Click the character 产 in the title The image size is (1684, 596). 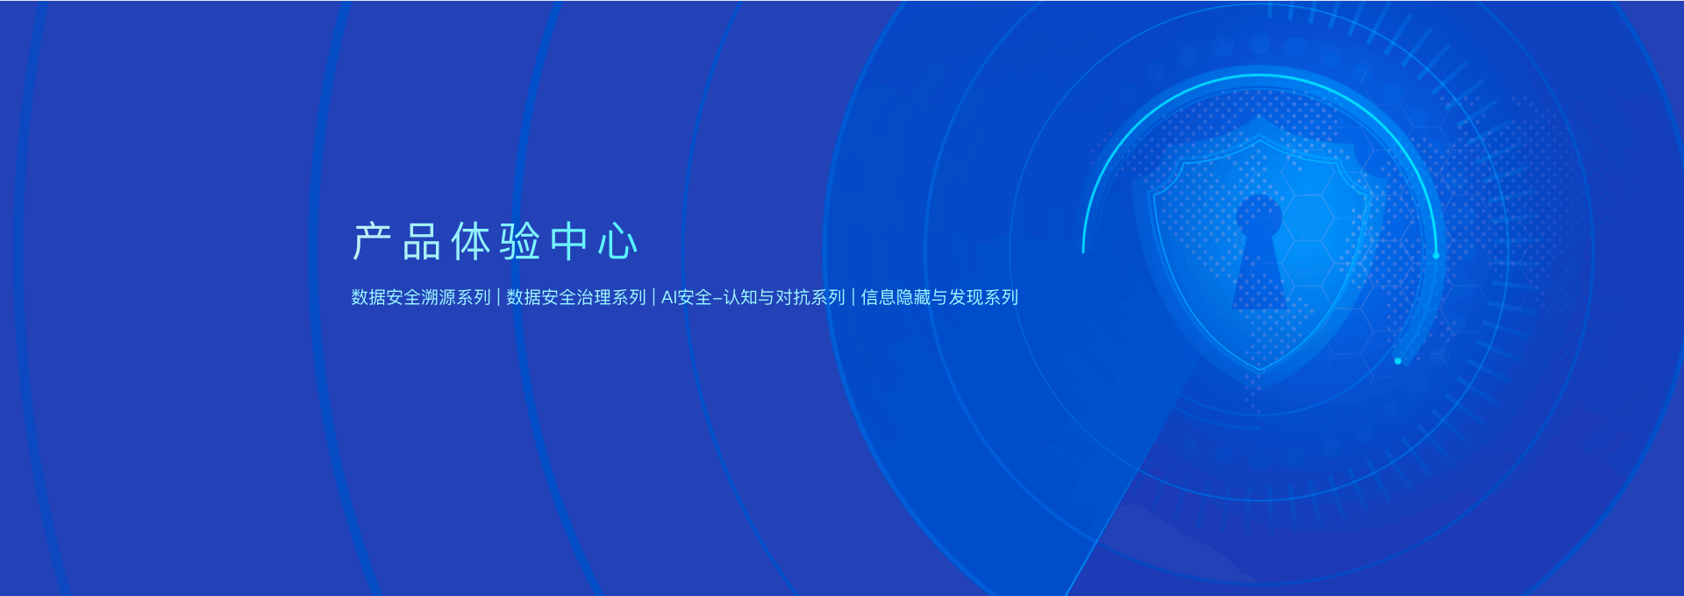(x=372, y=241)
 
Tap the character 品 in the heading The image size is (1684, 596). (x=421, y=241)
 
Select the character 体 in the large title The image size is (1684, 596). (x=470, y=241)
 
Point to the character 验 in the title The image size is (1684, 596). (x=519, y=241)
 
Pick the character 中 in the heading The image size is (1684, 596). (x=568, y=241)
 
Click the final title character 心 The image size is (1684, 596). (x=617, y=241)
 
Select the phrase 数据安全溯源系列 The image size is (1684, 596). (x=421, y=297)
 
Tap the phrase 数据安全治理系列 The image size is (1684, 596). (x=576, y=297)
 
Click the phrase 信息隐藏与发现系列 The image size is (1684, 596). (x=939, y=297)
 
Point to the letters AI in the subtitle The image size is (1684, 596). (x=669, y=298)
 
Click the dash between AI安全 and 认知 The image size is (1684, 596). (x=717, y=299)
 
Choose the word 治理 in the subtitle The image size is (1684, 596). (x=594, y=297)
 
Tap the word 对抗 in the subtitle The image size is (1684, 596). (x=793, y=297)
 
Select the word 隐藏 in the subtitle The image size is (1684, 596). (x=913, y=297)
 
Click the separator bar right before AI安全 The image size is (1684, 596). (x=653, y=297)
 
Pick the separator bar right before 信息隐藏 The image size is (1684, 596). (x=853, y=297)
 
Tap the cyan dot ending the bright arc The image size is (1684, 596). (x=1436, y=255)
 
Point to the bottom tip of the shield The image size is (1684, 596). (x=1259, y=372)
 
